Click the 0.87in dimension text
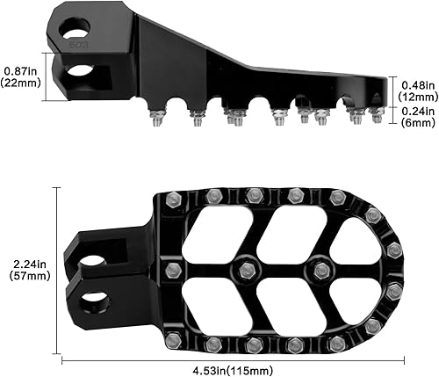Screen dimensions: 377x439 click(20, 69)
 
